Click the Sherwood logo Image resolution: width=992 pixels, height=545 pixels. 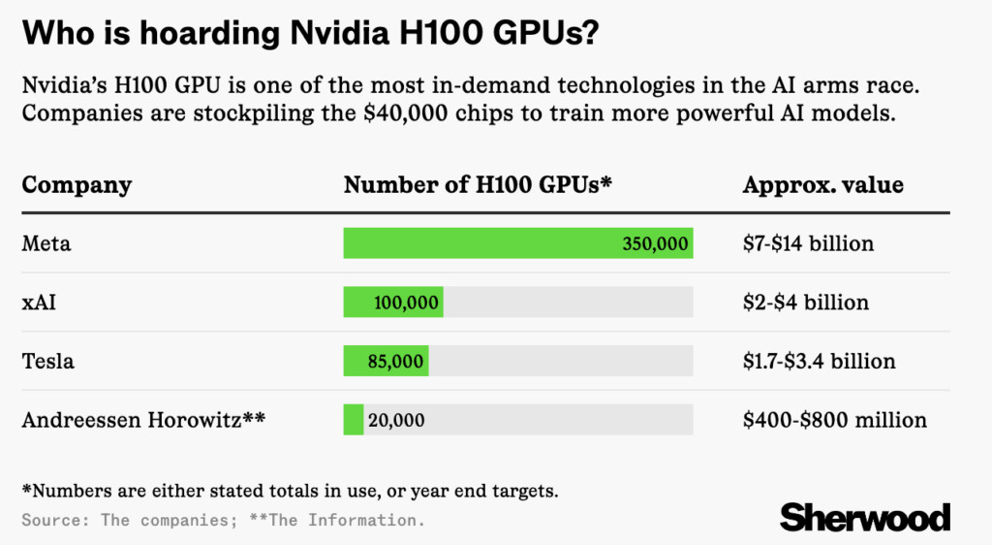tap(865, 517)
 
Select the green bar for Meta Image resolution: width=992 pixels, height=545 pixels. tap(484, 243)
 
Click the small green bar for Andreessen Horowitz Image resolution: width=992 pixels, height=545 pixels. tap(354, 420)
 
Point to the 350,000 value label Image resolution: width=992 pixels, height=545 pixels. tap(655, 243)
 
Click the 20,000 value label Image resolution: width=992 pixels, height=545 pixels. tap(396, 420)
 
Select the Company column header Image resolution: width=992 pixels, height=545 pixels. tap(77, 185)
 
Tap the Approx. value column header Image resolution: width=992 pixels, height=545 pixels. tap(822, 185)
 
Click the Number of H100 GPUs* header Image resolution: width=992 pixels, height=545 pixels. tap(478, 185)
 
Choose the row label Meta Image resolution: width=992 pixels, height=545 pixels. tap(46, 243)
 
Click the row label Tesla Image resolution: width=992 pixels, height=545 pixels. tap(48, 362)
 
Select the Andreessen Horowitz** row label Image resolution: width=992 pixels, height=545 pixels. tap(143, 420)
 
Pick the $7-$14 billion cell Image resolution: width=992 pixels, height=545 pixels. tap(808, 243)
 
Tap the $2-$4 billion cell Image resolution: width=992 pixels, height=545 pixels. tap(806, 303)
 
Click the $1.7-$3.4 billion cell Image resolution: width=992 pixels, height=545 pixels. tap(820, 362)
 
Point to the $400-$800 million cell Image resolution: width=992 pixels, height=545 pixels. tap(835, 420)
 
